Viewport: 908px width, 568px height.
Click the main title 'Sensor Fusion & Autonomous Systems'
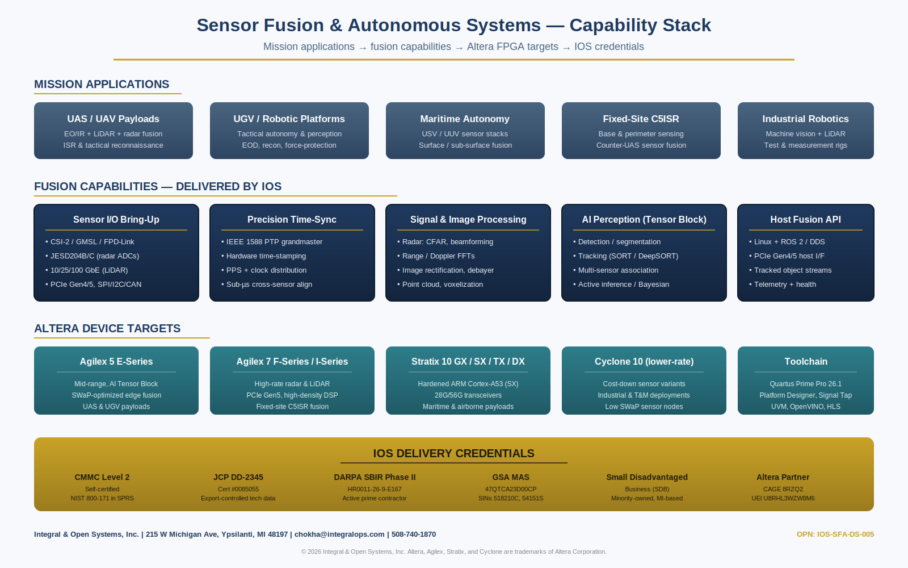pos(368,25)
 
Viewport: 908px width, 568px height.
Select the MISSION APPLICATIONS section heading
pos(102,84)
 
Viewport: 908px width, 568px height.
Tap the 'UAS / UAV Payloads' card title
pos(113,119)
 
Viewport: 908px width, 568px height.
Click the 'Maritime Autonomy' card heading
pos(465,119)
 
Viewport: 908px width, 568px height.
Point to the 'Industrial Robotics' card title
pos(805,119)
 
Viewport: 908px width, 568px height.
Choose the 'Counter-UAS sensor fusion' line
pos(641,145)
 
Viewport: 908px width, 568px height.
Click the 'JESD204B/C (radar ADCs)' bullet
pos(94,256)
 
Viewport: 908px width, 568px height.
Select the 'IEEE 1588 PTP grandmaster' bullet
pos(274,242)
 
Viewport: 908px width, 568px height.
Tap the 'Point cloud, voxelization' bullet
pos(442,285)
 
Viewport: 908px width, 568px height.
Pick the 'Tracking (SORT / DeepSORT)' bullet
pos(628,256)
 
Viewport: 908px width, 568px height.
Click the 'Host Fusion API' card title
pos(805,219)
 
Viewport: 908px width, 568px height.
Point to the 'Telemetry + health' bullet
pos(785,285)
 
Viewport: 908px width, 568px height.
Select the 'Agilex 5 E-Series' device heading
pos(116,361)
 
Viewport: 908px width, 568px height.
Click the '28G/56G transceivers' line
pos(468,395)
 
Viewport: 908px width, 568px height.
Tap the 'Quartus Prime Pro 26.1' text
pos(805,384)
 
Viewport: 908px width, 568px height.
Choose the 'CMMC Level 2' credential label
pos(102,477)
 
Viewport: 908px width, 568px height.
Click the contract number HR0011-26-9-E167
pos(375,489)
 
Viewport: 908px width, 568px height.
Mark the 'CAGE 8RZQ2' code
pos(783,489)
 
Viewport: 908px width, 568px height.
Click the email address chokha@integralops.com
pos(339,534)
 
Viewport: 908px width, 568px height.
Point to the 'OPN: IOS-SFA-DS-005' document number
pos(835,534)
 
